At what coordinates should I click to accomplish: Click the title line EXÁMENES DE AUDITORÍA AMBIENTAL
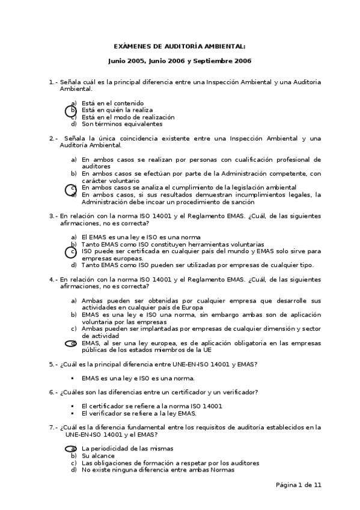coord(180,46)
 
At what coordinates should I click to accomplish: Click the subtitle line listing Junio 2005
coord(180,61)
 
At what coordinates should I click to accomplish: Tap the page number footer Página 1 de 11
coord(299,485)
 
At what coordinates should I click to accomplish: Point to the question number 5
coord(50,364)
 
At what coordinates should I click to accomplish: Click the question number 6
coord(50,392)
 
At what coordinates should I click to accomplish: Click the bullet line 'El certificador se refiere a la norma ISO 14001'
coord(151,406)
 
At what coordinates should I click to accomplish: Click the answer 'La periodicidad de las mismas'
coord(127,449)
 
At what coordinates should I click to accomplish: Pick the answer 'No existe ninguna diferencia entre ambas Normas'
coord(157,470)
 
